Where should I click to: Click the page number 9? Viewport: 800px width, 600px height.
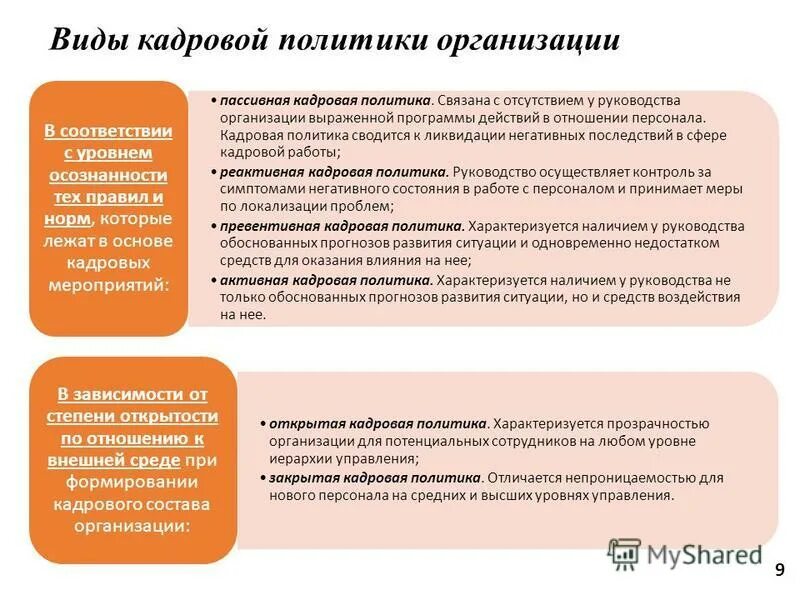(x=779, y=569)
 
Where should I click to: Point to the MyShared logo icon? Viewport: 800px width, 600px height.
(x=624, y=554)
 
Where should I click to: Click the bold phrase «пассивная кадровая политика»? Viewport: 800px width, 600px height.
(x=327, y=101)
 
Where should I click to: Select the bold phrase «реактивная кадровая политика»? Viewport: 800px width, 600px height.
(x=333, y=172)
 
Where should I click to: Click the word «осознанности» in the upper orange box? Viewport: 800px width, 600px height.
(x=108, y=174)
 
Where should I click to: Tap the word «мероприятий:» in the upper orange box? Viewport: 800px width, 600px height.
(x=108, y=284)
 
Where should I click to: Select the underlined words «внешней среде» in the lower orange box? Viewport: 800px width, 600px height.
(x=114, y=460)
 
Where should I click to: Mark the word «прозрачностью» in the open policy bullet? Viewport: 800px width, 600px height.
(x=659, y=423)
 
